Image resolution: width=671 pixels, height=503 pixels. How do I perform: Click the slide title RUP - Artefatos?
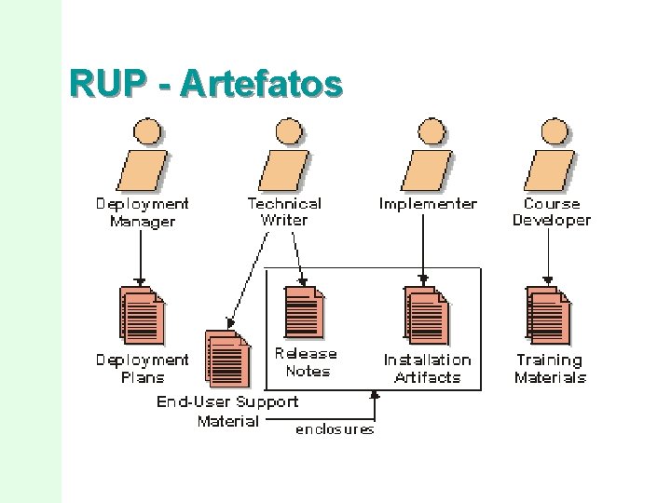pos(206,83)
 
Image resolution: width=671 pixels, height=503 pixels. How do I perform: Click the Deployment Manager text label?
pos(142,212)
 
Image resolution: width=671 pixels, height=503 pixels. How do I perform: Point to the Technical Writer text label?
pos(284,211)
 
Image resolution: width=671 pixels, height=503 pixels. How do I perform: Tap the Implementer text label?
pos(428,204)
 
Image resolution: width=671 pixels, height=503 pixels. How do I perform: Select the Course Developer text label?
pos(552,211)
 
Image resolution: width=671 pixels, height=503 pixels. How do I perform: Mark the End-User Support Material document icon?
pos(228,359)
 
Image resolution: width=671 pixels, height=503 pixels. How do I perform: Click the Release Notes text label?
pos(307,362)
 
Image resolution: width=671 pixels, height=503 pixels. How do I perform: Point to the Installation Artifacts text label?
pos(428,369)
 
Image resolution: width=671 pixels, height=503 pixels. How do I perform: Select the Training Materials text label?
pos(550,369)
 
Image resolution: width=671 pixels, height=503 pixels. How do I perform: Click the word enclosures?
pos(335,429)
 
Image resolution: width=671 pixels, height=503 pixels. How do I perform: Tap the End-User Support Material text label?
pos(228,411)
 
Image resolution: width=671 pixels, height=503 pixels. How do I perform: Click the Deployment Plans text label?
pos(143,369)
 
